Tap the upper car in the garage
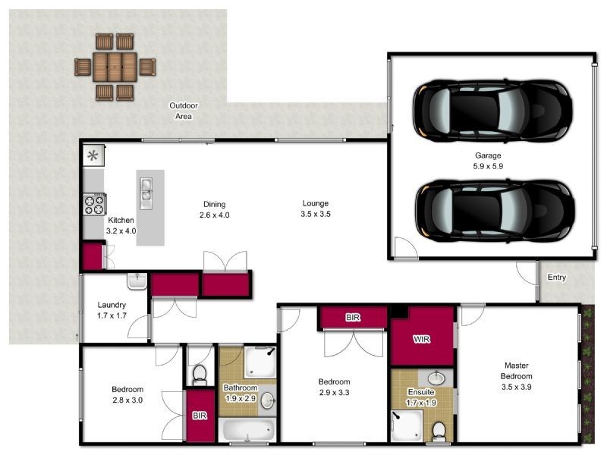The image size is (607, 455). [492, 110]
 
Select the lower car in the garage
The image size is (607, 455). [495, 212]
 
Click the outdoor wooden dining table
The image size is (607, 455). [115, 67]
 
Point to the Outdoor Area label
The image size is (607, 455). [184, 111]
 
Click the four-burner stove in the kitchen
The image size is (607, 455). [94, 204]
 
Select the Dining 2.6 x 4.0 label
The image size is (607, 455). [215, 209]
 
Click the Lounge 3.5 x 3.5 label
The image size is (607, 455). [316, 209]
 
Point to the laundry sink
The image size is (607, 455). [137, 281]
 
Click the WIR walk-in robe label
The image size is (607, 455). [422, 339]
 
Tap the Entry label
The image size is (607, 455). [557, 278]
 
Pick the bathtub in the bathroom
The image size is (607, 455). [248, 429]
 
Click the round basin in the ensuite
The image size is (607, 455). [436, 377]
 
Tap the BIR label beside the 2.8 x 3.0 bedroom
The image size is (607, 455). [200, 416]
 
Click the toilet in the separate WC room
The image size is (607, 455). [200, 375]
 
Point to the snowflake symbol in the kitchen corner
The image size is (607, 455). [93, 156]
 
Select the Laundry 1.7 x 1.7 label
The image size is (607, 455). [112, 310]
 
